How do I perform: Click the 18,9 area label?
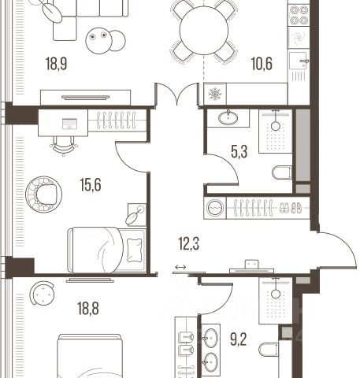coord(57,64)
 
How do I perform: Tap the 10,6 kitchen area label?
coord(262,64)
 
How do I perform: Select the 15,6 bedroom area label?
coord(91,185)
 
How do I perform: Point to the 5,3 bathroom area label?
coord(239,152)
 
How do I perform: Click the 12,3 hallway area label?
coord(189,243)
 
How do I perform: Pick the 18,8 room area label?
coord(88,308)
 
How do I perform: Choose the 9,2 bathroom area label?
coord(239,339)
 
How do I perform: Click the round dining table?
coord(204,30)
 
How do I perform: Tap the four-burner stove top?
coord(299,15)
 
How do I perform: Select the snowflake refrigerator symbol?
coord(215,94)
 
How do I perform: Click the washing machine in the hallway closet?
coord(215,208)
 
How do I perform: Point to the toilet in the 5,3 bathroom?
coord(282,172)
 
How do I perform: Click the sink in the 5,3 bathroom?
coord(228,117)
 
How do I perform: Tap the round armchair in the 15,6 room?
coord(44,195)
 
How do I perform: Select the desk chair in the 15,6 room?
coord(63,146)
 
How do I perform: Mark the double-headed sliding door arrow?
coord(180,267)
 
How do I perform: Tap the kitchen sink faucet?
coord(304,62)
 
